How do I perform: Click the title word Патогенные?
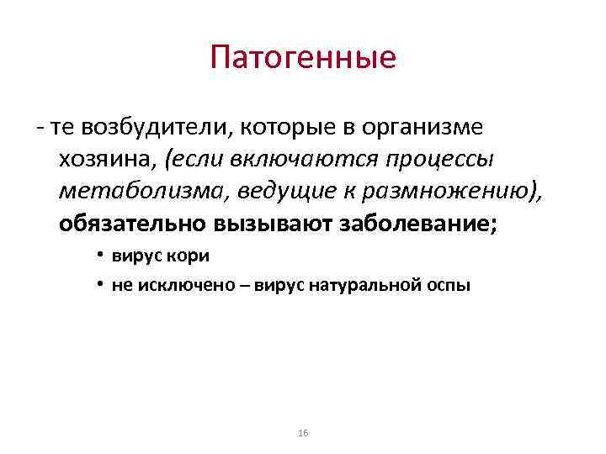(303, 58)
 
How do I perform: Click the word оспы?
(450, 286)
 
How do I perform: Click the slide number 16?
(303, 432)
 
